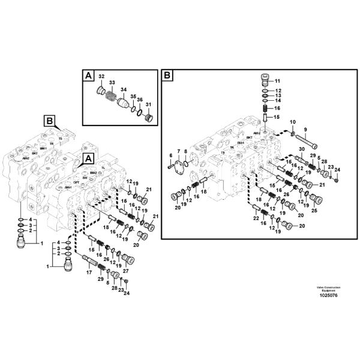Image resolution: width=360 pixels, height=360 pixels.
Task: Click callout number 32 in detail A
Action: pos(101,77)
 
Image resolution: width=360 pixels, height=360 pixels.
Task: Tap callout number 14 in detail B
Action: pos(278,100)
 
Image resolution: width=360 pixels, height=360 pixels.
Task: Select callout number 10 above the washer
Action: pos(293,122)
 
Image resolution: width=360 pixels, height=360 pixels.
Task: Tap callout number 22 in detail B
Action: pos(257,218)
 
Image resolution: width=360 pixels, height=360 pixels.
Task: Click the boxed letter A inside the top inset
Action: pos(88,76)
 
